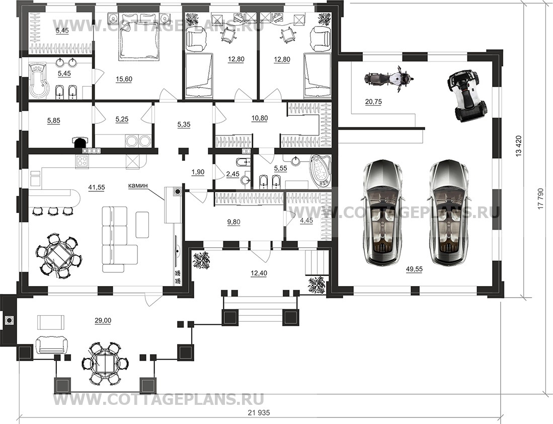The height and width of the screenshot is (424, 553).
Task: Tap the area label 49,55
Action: click(x=414, y=269)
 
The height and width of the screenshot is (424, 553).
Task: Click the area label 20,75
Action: click(x=373, y=102)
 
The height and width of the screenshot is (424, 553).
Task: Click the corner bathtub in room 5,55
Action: click(x=320, y=171)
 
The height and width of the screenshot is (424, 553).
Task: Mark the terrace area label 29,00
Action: click(x=103, y=320)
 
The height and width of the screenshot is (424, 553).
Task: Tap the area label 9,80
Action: click(x=234, y=222)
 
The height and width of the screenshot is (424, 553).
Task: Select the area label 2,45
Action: click(x=233, y=174)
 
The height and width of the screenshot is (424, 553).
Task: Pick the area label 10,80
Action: click(x=259, y=118)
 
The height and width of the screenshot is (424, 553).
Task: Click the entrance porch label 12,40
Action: click(x=259, y=273)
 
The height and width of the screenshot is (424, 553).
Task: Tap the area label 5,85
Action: click(x=54, y=120)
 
